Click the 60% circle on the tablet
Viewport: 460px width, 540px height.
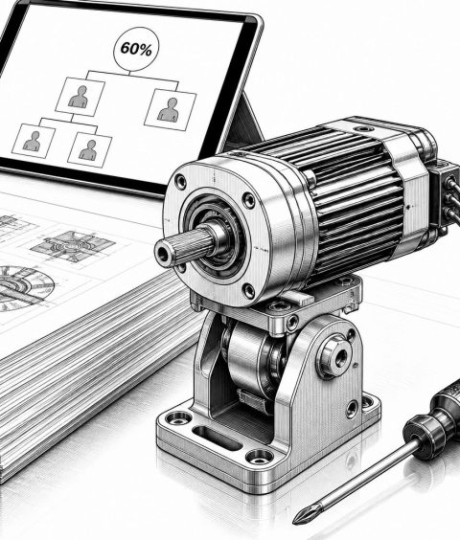(x=136, y=49)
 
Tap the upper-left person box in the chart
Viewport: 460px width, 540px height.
(x=80, y=97)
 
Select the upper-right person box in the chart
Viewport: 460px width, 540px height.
(x=171, y=109)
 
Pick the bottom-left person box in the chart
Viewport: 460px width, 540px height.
(x=34, y=141)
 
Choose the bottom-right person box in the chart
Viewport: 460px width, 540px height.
(x=90, y=149)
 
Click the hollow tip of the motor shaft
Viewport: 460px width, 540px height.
(x=162, y=254)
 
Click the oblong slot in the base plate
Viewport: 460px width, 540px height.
(x=217, y=439)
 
